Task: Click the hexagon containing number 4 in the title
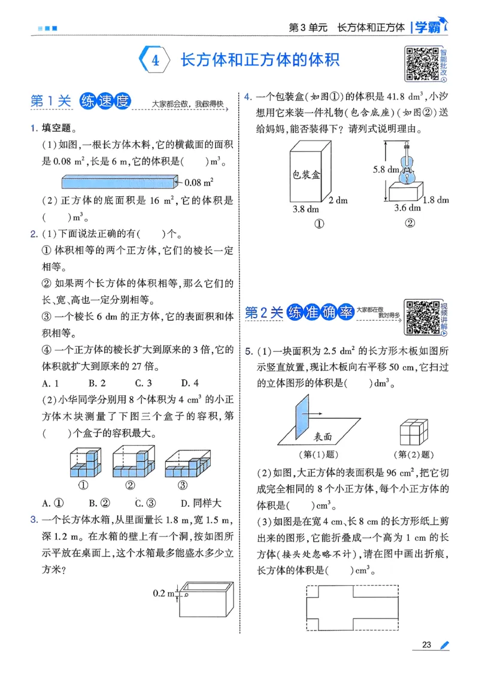click(x=155, y=60)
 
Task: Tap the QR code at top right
click(x=422, y=63)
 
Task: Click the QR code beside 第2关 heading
click(x=421, y=316)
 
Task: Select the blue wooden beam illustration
click(x=120, y=181)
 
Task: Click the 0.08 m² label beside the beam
click(x=200, y=181)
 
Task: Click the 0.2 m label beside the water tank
click(x=163, y=593)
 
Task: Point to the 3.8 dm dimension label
click(x=305, y=209)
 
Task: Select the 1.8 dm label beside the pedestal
click(x=435, y=200)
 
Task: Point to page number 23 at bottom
click(x=426, y=644)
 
